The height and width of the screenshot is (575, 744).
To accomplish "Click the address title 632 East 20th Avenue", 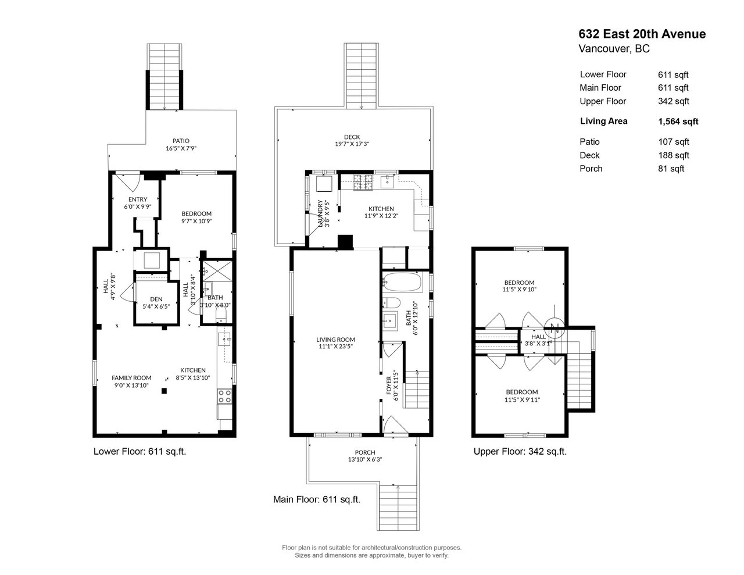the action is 642,34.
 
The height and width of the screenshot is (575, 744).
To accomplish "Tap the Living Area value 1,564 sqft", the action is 678,122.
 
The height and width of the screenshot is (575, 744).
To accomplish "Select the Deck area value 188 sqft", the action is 674,155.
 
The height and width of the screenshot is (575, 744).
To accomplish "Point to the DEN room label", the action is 156,299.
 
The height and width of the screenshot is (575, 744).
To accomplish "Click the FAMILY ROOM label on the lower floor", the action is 131,378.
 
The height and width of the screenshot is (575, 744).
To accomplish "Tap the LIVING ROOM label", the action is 335,340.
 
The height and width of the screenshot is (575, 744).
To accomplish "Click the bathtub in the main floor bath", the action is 401,281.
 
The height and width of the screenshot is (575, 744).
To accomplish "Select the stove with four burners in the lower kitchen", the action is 224,397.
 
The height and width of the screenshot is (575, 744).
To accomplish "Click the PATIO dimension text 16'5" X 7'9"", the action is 181,148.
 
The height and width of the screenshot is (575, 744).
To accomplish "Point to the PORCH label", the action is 365,452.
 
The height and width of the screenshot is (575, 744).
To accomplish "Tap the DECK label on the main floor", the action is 352,137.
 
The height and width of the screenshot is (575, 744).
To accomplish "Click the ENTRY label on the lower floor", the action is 138,199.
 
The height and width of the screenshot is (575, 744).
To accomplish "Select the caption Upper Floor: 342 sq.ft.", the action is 520,451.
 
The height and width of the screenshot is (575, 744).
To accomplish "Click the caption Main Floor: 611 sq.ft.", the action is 317,499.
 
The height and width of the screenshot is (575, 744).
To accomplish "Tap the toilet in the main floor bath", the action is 391,303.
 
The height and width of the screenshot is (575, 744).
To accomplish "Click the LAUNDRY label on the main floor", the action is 320,213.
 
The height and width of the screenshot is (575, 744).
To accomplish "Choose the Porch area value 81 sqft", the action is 671,169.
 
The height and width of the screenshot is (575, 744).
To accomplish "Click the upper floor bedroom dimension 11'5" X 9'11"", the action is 522,399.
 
